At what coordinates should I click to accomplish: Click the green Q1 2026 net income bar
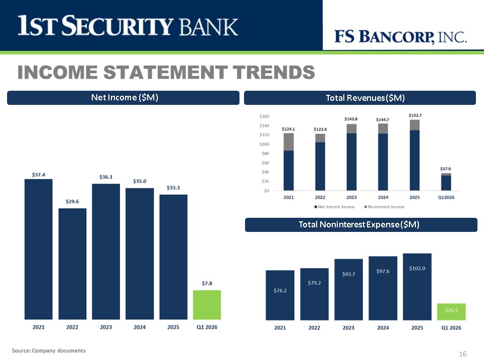pyautogui.click(x=207, y=305)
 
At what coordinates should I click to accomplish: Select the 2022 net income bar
pyautogui.click(x=72, y=264)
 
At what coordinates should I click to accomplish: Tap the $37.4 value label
pyautogui.click(x=39, y=175)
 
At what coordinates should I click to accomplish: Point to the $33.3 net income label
pyautogui.click(x=173, y=188)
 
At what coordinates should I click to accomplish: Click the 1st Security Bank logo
pyautogui.click(x=128, y=25)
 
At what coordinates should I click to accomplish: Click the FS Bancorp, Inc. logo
pyautogui.click(x=400, y=37)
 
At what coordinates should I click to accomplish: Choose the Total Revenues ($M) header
pyautogui.click(x=360, y=98)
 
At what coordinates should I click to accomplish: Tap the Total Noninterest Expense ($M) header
pyautogui.click(x=361, y=225)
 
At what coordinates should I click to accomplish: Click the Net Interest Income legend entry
pyautogui.click(x=335, y=207)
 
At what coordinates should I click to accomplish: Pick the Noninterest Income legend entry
pyautogui.click(x=384, y=207)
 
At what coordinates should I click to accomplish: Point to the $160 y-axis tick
pyautogui.click(x=264, y=116)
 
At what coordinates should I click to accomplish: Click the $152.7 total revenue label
pyautogui.click(x=415, y=115)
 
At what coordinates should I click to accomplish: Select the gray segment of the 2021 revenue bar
pyautogui.click(x=288, y=142)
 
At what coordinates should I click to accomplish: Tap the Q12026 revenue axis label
pyautogui.click(x=446, y=197)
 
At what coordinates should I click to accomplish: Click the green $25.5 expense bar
pyautogui.click(x=451, y=312)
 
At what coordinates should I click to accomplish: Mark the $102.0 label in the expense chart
pyautogui.click(x=417, y=268)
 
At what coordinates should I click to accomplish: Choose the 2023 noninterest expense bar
pyautogui.click(x=348, y=289)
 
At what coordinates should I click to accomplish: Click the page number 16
pyautogui.click(x=463, y=354)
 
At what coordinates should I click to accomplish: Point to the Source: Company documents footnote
pyautogui.click(x=49, y=351)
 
